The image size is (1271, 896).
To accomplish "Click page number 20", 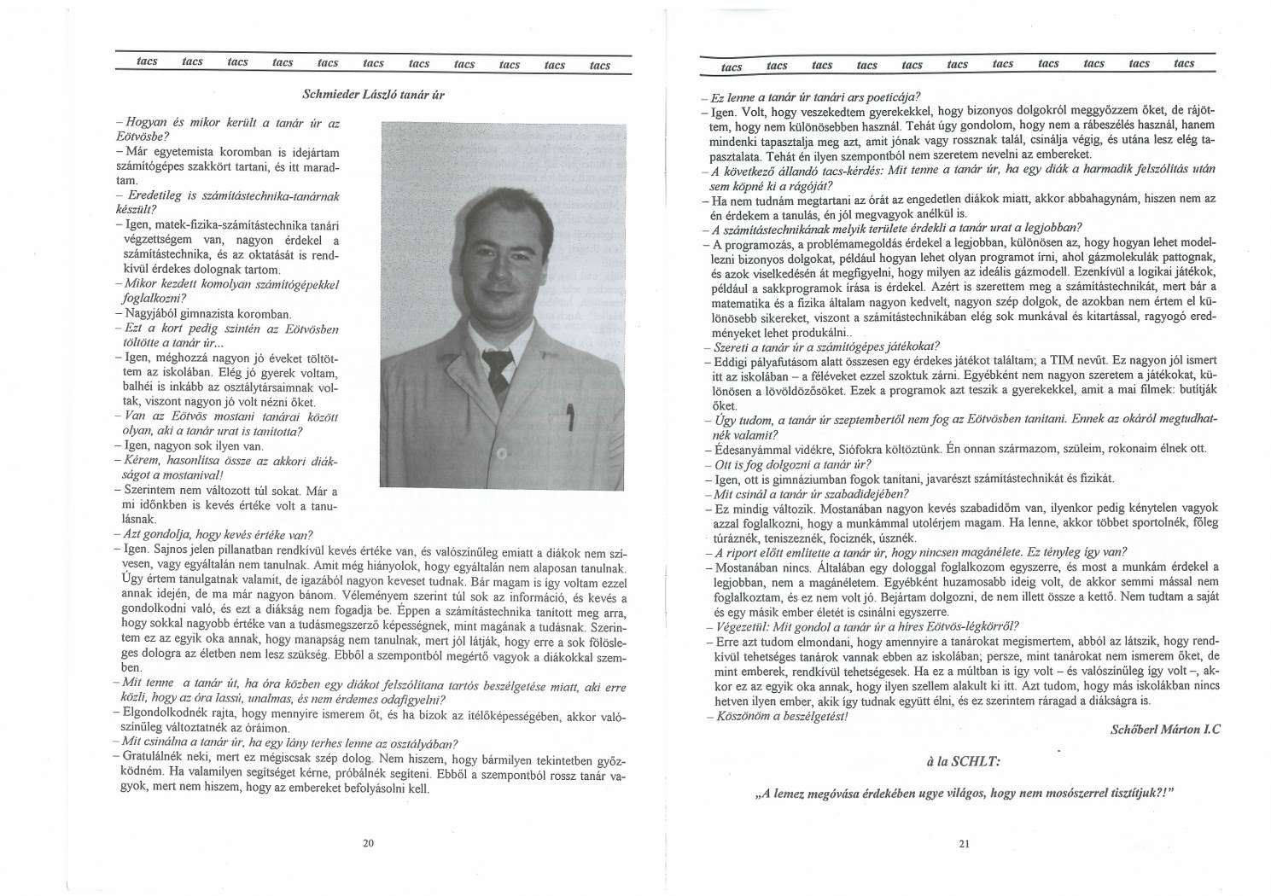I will coord(368,843).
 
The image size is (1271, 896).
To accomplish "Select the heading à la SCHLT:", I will coord(964,759).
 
